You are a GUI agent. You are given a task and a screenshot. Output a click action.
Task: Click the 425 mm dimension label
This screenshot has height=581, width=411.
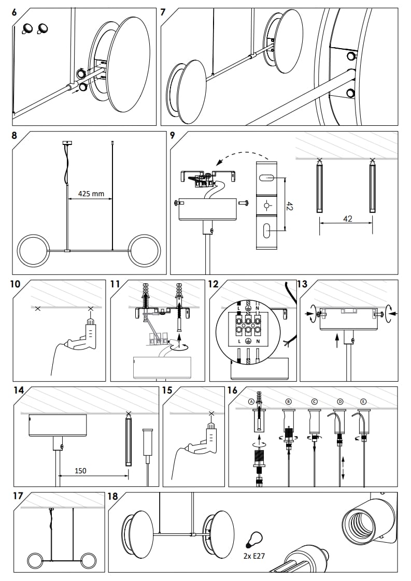[91, 194]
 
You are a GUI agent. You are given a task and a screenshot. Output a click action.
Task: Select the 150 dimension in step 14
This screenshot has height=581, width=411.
[80, 471]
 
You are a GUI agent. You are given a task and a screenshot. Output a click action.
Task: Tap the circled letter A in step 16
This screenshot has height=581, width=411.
[252, 401]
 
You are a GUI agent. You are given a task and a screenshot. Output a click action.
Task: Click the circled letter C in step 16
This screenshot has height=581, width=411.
[314, 401]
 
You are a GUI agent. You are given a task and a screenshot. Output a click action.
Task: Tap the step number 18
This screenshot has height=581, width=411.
[112, 497]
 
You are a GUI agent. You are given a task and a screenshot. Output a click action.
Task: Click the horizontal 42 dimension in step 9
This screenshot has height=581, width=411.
[347, 219]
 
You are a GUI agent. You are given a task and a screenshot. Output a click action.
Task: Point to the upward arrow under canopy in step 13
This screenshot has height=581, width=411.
[337, 340]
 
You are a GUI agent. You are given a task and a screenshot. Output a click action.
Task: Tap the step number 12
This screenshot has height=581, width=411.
[213, 284]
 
